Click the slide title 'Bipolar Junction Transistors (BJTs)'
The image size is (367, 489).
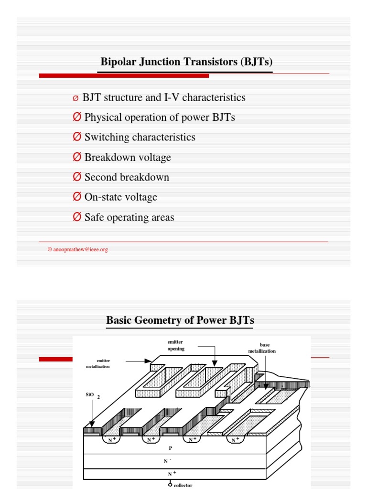click(x=186, y=62)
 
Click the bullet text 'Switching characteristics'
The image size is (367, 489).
click(x=140, y=138)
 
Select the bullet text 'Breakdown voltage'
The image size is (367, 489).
click(x=128, y=158)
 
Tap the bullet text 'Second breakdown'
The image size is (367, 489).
click(x=127, y=178)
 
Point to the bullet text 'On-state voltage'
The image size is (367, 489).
click(x=120, y=197)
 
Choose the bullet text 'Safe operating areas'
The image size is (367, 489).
click(x=129, y=218)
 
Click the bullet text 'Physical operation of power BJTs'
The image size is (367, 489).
click(x=160, y=117)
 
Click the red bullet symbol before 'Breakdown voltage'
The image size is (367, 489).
click(x=77, y=157)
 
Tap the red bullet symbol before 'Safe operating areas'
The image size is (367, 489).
click(x=77, y=217)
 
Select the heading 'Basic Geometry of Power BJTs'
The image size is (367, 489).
click(x=180, y=320)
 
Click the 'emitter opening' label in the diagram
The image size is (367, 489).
click(x=175, y=345)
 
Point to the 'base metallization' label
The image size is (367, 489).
click(x=262, y=348)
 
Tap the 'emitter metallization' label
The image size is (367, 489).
click(x=98, y=363)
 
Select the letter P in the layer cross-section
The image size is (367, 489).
click(x=171, y=449)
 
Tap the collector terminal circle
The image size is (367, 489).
click(x=170, y=484)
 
